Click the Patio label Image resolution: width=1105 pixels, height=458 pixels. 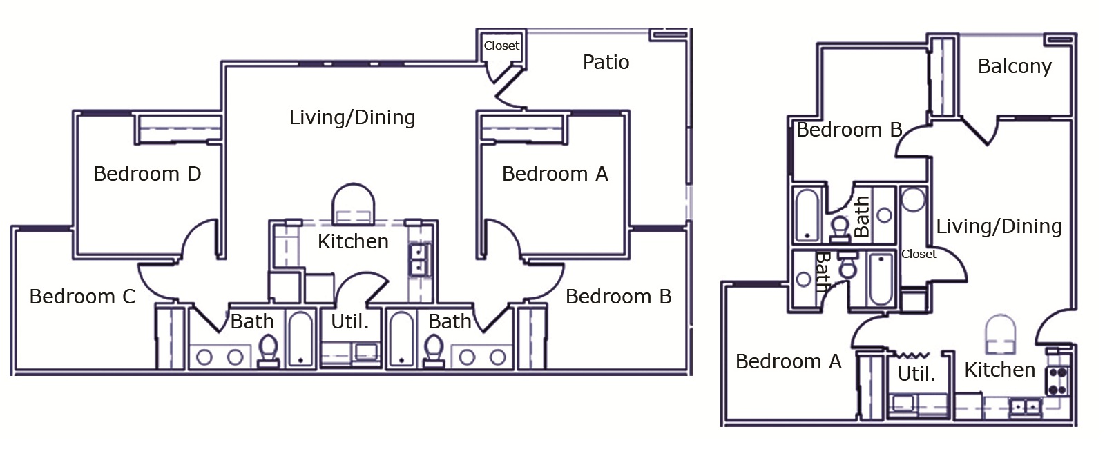pyautogui.click(x=606, y=63)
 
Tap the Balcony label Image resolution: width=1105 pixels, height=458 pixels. pyautogui.click(x=1015, y=66)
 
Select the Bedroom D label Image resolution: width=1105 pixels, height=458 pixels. pyautogui.click(x=147, y=174)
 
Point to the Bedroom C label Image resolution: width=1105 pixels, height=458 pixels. pyautogui.click(x=82, y=297)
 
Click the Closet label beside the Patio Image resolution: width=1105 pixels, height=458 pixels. pyautogui.click(x=501, y=46)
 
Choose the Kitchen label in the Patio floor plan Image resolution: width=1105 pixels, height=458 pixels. pyautogui.click(x=353, y=241)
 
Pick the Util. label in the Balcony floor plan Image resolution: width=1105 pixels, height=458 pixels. pyautogui.click(x=916, y=375)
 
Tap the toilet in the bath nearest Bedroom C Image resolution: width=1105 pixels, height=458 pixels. pyautogui.click(x=268, y=350)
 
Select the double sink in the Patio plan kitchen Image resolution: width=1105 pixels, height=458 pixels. pyautogui.click(x=419, y=259)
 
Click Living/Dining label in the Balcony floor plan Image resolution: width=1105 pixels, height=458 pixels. pyautogui.click(x=999, y=226)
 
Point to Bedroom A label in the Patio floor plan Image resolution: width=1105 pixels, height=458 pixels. pyautogui.click(x=555, y=174)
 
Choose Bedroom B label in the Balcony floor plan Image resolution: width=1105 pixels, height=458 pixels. pyautogui.click(x=849, y=130)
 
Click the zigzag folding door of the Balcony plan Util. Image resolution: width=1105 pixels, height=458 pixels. pyautogui.click(x=912, y=355)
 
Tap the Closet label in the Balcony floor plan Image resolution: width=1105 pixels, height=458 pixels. pyautogui.click(x=919, y=254)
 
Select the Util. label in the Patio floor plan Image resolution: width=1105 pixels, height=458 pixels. pyautogui.click(x=349, y=321)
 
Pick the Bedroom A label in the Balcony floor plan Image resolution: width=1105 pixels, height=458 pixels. pyautogui.click(x=788, y=361)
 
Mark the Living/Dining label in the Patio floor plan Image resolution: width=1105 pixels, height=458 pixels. pyautogui.click(x=352, y=118)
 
